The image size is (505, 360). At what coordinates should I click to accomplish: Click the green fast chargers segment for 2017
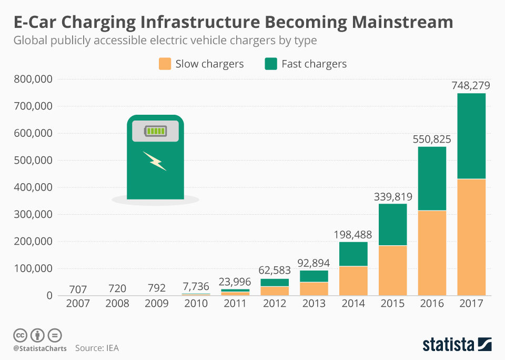click(x=471, y=136)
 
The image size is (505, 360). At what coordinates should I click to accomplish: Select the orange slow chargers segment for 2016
click(x=432, y=253)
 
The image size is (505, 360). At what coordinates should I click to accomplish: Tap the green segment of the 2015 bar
click(x=392, y=224)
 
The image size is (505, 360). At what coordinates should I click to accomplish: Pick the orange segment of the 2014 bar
click(x=353, y=281)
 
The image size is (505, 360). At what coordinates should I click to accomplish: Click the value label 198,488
click(x=353, y=234)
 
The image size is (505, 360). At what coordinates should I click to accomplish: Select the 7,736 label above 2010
click(x=196, y=287)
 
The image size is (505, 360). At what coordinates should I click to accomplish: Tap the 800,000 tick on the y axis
click(x=33, y=79)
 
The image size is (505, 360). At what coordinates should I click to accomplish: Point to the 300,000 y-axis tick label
click(x=33, y=215)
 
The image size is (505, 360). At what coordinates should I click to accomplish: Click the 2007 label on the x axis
click(x=78, y=304)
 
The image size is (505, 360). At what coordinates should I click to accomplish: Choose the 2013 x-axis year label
click(x=314, y=304)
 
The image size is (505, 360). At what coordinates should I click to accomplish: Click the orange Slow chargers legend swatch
click(x=165, y=64)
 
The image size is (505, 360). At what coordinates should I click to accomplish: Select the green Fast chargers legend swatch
click(x=271, y=64)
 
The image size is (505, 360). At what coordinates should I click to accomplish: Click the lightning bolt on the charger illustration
click(x=155, y=161)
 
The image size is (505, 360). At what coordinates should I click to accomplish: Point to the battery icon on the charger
click(x=155, y=131)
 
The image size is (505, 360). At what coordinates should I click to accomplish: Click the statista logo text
click(x=448, y=345)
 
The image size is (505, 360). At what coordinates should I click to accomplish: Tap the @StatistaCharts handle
click(x=40, y=348)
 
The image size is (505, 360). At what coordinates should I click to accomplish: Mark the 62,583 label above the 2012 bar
click(x=275, y=271)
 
